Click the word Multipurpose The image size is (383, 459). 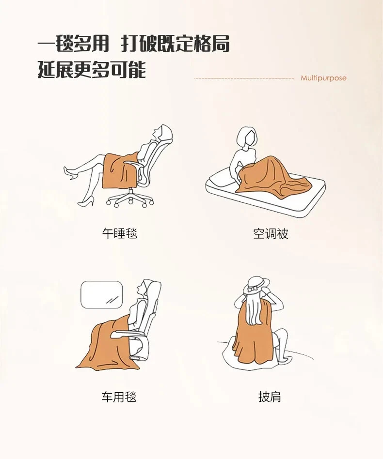click(x=323, y=78)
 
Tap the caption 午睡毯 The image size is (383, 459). click(x=120, y=233)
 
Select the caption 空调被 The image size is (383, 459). click(x=271, y=233)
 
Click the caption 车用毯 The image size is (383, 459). click(x=119, y=397)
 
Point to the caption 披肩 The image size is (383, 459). click(x=270, y=397)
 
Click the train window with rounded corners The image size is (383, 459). click(x=101, y=294)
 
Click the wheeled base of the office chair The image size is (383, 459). click(x=130, y=199)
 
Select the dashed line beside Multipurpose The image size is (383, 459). click(x=244, y=78)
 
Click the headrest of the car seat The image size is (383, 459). click(x=154, y=291)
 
